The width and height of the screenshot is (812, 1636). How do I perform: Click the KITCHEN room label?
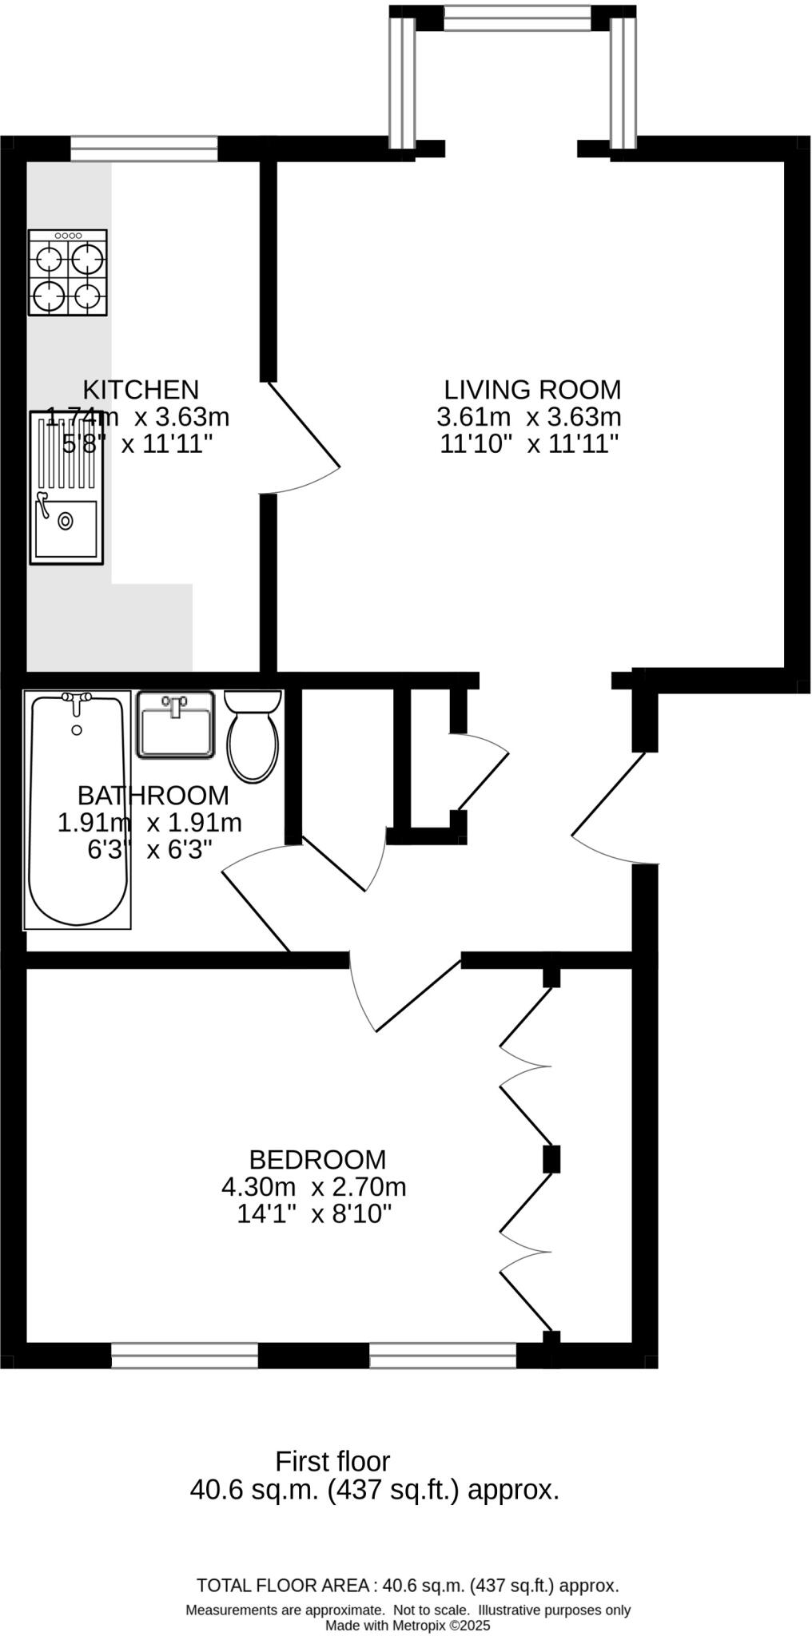pyautogui.click(x=141, y=390)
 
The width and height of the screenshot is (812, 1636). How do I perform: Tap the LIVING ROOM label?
pyautogui.click(x=532, y=390)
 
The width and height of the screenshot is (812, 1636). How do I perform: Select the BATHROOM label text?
pyautogui.click(x=153, y=796)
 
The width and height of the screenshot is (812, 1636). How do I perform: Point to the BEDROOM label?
pyautogui.click(x=317, y=1160)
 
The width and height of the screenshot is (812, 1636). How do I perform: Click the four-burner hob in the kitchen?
pyautogui.click(x=68, y=272)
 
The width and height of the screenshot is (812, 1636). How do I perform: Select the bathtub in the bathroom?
pyautogui.click(x=78, y=810)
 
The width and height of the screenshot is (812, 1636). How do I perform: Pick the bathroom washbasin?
pyautogui.click(x=176, y=725)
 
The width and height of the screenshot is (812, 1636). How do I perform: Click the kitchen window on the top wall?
pyautogui.click(x=144, y=149)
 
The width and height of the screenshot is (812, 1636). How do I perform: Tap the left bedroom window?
pyautogui.click(x=185, y=1356)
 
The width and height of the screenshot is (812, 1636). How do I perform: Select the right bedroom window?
pyautogui.click(x=443, y=1356)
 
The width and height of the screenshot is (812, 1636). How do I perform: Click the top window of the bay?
pyautogui.click(x=518, y=18)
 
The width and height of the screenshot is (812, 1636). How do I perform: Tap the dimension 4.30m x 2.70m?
pyautogui.click(x=314, y=1187)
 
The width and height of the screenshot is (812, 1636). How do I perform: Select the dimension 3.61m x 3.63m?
pyautogui.click(x=529, y=417)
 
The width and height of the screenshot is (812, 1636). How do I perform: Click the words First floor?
pyautogui.click(x=332, y=1462)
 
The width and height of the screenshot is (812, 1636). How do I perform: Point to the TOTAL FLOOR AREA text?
pyautogui.click(x=408, y=1586)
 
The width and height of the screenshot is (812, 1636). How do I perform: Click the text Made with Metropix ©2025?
pyautogui.click(x=408, y=1626)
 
